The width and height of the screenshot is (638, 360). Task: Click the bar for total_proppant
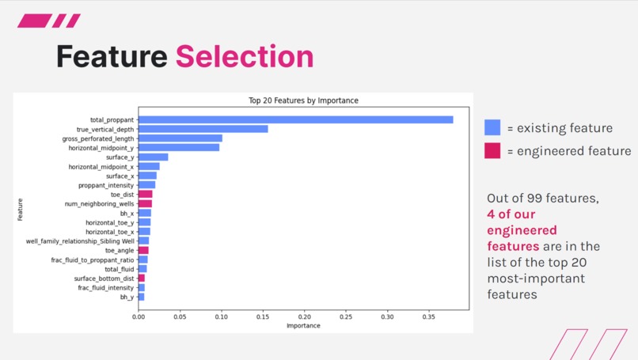pyautogui.click(x=295, y=120)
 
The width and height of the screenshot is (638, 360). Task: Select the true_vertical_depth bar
pyautogui.click(x=203, y=129)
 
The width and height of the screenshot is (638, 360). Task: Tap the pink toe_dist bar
pyautogui.click(x=145, y=195)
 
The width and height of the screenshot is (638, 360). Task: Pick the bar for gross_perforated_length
pyautogui.click(x=180, y=138)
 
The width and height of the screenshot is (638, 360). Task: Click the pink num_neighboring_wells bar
pyautogui.click(x=145, y=204)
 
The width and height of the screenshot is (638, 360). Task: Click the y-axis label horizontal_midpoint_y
pyautogui.click(x=101, y=148)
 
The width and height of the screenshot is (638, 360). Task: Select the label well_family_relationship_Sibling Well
pyautogui.click(x=80, y=241)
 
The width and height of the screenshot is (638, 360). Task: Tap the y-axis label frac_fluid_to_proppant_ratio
pyautogui.click(x=93, y=260)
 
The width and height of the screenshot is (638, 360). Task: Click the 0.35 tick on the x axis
pyautogui.click(x=428, y=316)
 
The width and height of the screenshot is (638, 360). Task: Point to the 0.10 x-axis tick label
pyautogui.click(x=221, y=316)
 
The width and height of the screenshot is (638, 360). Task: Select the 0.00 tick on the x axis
pyautogui.click(x=139, y=316)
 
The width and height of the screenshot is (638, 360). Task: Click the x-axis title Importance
pyautogui.click(x=303, y=326)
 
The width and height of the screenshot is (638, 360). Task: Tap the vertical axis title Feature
pyautogui.click(x=21, y=209)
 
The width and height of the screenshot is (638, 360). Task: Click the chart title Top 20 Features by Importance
pyautogui.click(x=303, y=100)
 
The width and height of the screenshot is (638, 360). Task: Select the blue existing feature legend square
pyautogui.click(x=492, y=127)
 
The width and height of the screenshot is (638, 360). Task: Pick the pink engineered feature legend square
pyautogui.click(x=492, y=150)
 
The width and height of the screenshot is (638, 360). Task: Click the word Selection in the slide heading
pyautogui.click(x=244, y=57)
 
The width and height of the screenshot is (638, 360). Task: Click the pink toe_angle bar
pyautogui.click(x=143, y=251)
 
